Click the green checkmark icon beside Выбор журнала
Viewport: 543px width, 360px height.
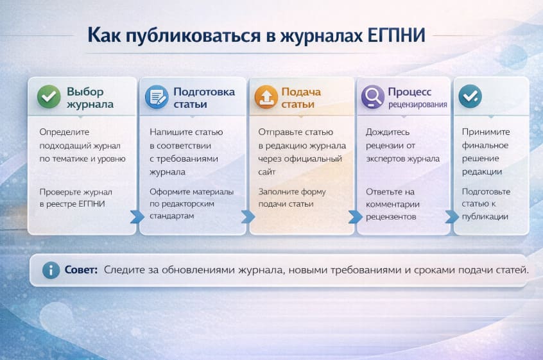(x=48, y=96)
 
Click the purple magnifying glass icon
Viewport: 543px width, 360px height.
(x=372, y=97)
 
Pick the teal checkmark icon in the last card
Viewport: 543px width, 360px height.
(x=470, y=96)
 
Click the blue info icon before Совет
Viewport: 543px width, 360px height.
(x=51, y=270)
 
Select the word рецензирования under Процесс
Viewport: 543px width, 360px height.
(x=417, y=104)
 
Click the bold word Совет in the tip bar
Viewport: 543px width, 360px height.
(x=80, y=270)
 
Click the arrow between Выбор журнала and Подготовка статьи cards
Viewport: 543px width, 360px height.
(x=136, y=217)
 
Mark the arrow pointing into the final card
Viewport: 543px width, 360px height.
(x=452, y=217)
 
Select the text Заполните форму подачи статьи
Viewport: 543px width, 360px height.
(x=292, y=198)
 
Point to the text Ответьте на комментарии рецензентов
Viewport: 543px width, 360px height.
(x=393, y=204)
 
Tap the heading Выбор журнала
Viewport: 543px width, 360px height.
(x=90, y=98)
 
